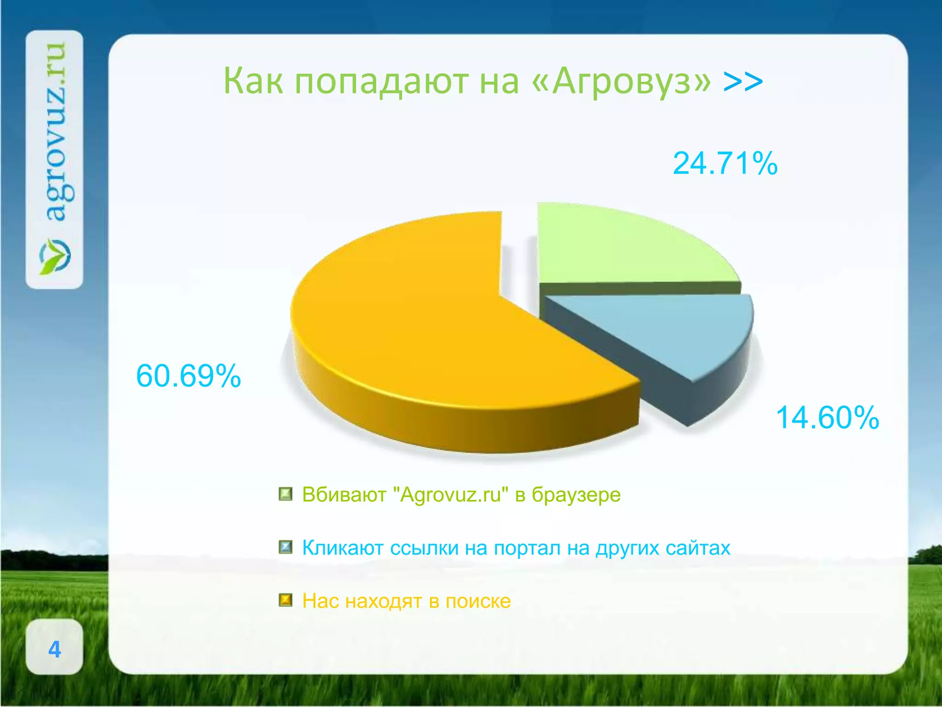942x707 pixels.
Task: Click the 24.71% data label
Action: [725, 164]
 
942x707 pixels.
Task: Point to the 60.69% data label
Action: [189, 376]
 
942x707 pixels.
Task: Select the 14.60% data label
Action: [827, 418]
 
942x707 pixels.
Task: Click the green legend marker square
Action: [286, 494]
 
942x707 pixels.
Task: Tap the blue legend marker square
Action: [286, 547]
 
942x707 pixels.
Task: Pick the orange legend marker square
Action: [286, 600]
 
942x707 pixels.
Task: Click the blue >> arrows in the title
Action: [743, 81]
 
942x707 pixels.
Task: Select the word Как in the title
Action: [253, 81]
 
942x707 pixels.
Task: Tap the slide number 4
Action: [55, 649]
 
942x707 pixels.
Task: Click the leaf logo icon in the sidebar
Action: [55, 256]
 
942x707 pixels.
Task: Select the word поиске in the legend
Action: [478, 601]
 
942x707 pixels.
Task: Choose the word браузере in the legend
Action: [576, 495]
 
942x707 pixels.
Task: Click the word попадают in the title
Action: [382, 81]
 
